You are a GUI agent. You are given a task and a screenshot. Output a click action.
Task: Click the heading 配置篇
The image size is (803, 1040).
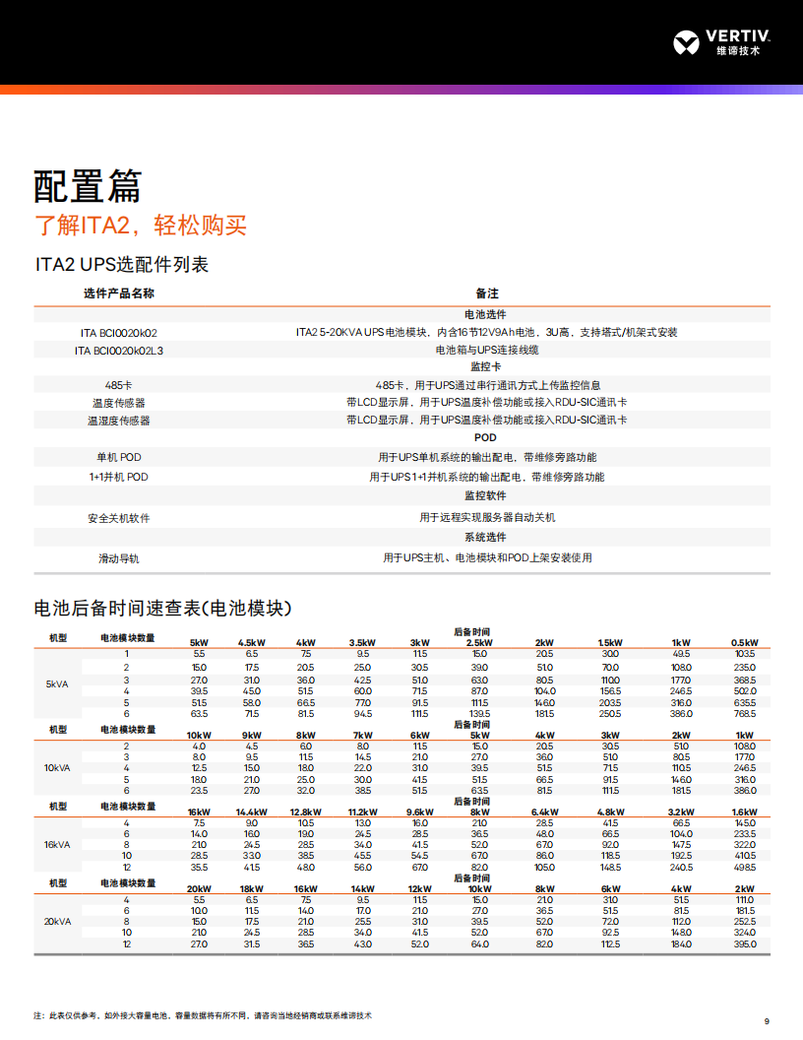tap(88, 185)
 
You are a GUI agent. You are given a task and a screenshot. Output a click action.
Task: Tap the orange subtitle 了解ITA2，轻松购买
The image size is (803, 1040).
tap(141, 226)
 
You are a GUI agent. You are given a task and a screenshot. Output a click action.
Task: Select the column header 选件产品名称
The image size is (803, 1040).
tap(119, 293)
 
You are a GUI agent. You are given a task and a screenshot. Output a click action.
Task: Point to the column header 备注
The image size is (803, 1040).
tap(486, 293)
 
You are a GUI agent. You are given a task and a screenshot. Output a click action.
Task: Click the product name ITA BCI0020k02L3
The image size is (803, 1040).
tap(119, 350)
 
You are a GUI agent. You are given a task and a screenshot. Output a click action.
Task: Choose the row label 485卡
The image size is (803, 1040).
tap(119, 385)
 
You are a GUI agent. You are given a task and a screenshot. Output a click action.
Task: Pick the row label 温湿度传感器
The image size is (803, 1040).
tap(119, 421)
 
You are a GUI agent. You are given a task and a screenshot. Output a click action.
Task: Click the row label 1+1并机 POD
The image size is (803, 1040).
tap(119, 477)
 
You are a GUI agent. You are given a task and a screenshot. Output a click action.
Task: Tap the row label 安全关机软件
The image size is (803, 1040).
tap(119, 518)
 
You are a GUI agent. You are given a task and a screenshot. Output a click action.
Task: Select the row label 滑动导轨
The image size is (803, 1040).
tap(119, 558)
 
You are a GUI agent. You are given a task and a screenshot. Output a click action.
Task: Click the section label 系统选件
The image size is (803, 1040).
tap(486, 538)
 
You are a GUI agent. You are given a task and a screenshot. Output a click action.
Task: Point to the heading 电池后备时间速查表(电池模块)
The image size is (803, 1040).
tap(162, 607)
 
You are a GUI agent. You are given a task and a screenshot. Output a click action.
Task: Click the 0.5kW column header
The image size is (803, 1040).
tap(744, 643)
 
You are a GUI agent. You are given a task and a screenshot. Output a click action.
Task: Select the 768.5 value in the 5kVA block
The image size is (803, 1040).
tap(744, 713)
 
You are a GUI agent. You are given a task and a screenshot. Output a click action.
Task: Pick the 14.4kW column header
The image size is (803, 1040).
tap(252, 812)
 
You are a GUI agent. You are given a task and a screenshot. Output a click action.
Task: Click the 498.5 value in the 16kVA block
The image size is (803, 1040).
tap(744, 868)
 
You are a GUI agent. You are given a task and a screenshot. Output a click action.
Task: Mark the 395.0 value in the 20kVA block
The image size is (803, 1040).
tap(744, 944)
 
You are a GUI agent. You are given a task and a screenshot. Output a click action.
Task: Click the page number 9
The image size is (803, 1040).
tap(768, 1020)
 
